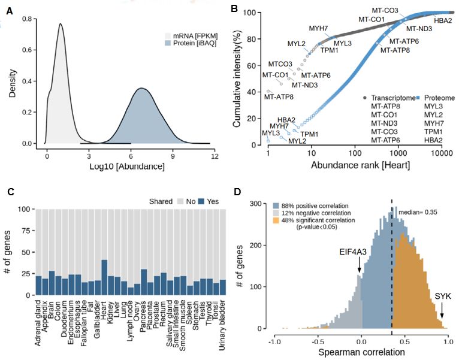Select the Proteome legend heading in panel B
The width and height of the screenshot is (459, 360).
tap(439, 97)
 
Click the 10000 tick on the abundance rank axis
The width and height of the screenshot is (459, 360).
tap(440, 154)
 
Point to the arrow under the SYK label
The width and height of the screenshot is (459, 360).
tap(442, 311)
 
